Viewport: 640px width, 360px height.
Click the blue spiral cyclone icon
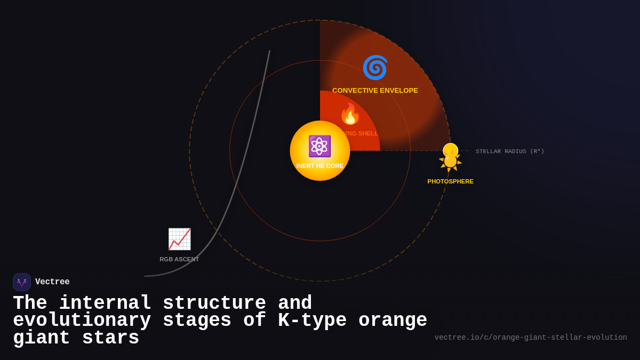pos(375,68)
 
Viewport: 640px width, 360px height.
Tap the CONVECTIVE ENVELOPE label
pos(375,91)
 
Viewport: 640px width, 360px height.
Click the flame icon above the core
pos(350,114)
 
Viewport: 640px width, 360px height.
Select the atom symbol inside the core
pos(319,146)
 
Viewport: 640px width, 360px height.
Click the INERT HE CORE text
pos(320,166)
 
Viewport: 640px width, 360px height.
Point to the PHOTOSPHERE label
pos(450,181)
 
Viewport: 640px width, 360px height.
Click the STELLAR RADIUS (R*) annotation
pos(510,151)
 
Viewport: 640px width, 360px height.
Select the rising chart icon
pos(179,239)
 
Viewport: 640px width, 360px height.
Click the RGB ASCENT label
pos(179,259)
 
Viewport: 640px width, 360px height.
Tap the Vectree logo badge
pos(22,282)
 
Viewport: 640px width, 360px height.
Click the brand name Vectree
pos(52,282)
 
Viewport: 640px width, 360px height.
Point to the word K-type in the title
pos(313,321)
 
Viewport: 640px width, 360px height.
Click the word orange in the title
pos(393,321)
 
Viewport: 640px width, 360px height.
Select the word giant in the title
pos(42,338)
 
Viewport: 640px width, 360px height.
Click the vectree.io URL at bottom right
pos(531,338)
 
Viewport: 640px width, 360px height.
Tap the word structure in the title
pos(214,303)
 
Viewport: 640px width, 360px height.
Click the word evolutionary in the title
pos(82,321)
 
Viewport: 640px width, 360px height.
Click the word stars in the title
pos(111,338)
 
